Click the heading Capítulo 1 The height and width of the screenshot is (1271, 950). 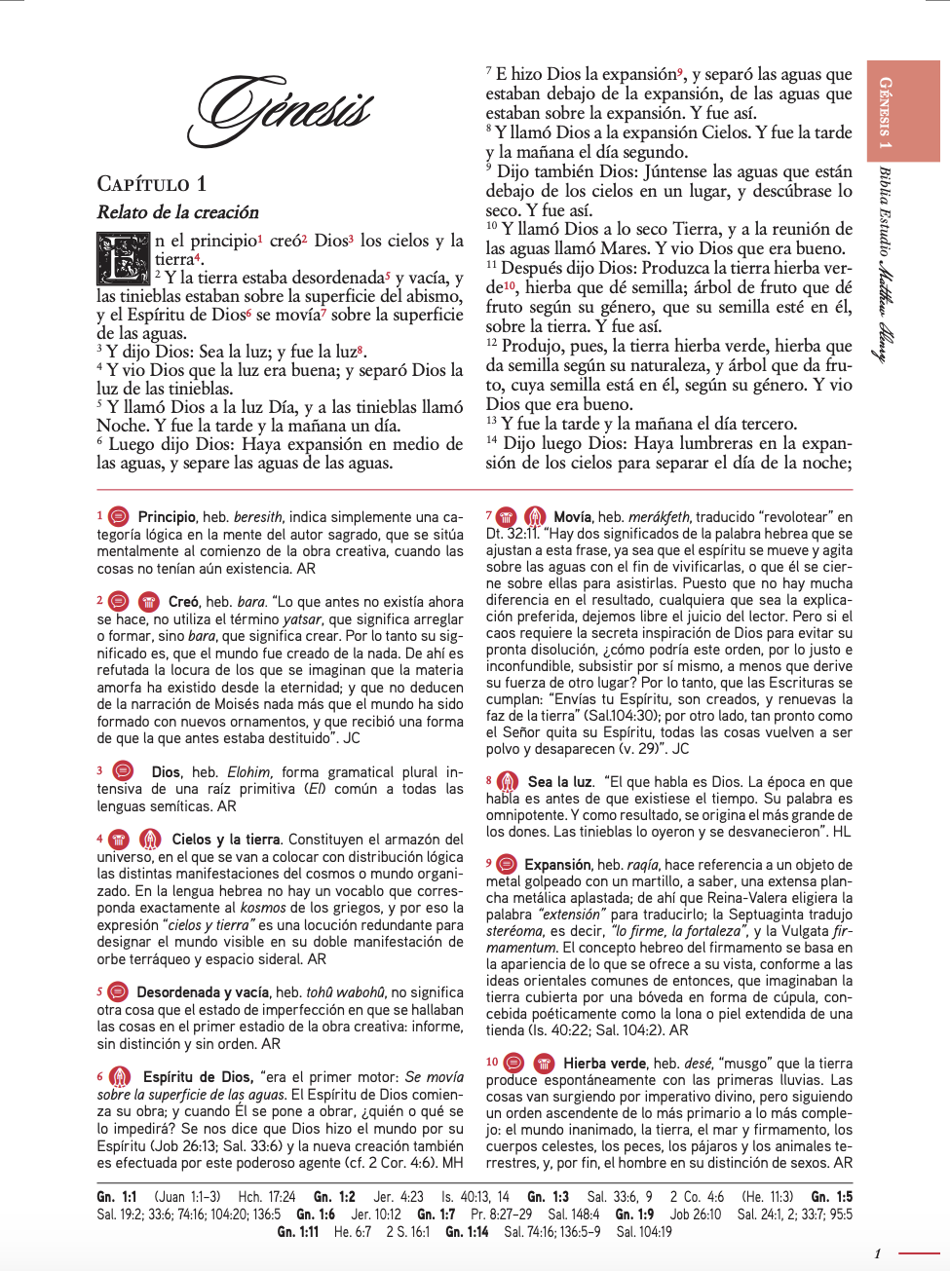tap(151, 184)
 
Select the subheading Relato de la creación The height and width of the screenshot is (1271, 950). tap(177, 212)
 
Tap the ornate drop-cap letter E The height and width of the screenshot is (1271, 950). tap(123, 258)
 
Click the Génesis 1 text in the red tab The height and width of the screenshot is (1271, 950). tap(885, 113)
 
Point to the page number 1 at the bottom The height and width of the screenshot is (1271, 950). tap(877, 1253)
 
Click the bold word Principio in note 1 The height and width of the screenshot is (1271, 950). tap(167, 517)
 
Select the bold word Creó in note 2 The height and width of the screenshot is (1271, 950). tap(183, 602)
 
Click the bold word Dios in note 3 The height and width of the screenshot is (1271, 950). tap(166, 772)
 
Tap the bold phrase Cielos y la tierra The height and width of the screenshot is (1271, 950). tap(226, 840)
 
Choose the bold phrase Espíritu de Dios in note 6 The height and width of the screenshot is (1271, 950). tap(197, 1077)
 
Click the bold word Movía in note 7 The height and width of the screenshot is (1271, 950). tap(573, 517)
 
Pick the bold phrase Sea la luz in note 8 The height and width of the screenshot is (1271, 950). tap(560, 782)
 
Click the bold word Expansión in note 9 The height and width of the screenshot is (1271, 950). tap(557, 865)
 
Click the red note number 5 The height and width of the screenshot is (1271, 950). tap(99, 991)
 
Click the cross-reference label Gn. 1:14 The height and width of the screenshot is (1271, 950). tap(467, 1232)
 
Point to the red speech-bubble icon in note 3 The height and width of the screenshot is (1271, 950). tap(124, 771)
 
